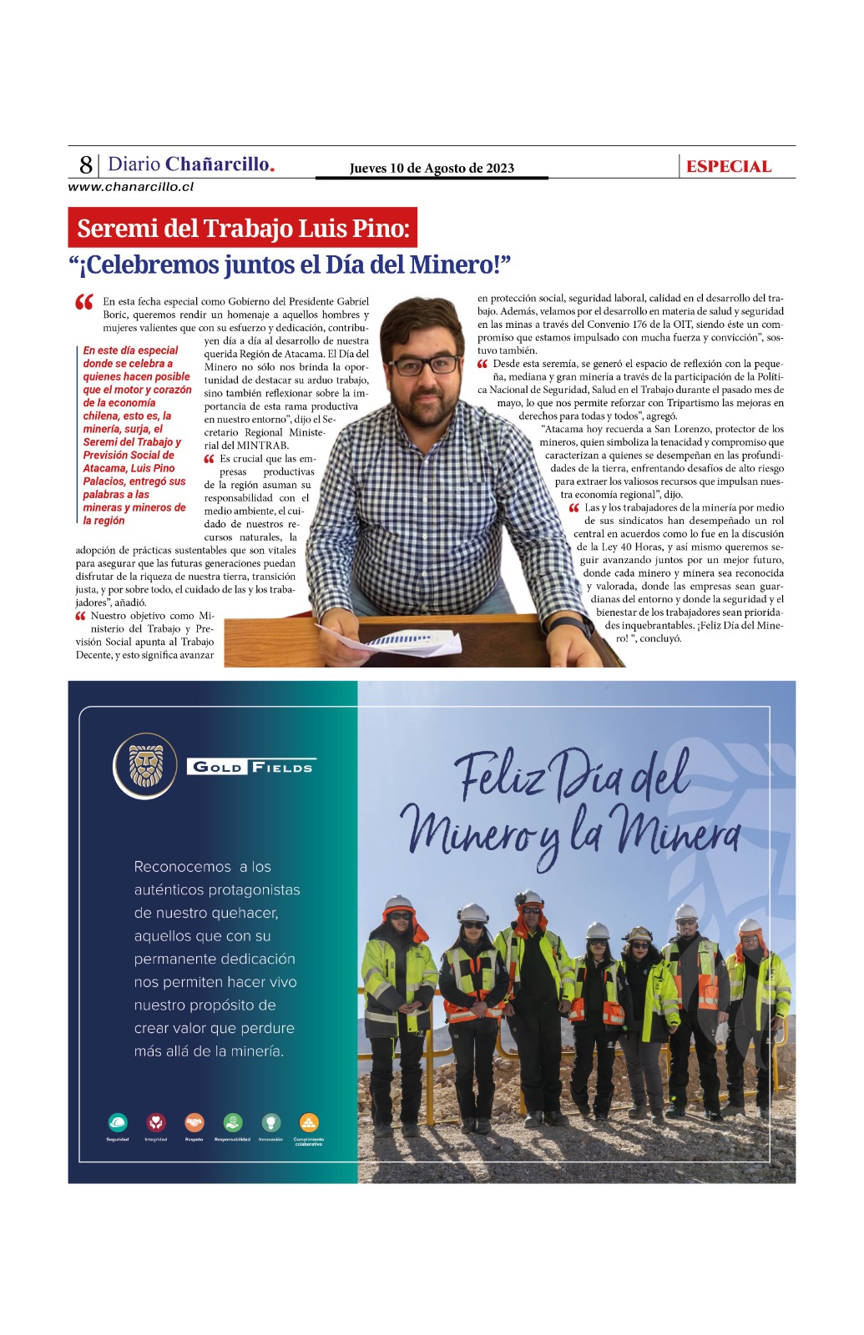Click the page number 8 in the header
86,164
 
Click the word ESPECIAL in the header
728,167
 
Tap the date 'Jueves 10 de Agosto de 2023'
432,169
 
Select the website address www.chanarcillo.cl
131,187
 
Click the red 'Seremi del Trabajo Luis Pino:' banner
243,228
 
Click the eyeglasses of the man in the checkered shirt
424,365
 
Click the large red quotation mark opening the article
84,303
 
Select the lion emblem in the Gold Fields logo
146,765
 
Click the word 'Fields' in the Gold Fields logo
283,767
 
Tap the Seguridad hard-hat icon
118,1122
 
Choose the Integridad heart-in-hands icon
156,1122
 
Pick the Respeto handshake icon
195,1122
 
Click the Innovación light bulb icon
270,1122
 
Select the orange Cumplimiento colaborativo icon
309,1122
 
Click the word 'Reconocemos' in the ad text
183,867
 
